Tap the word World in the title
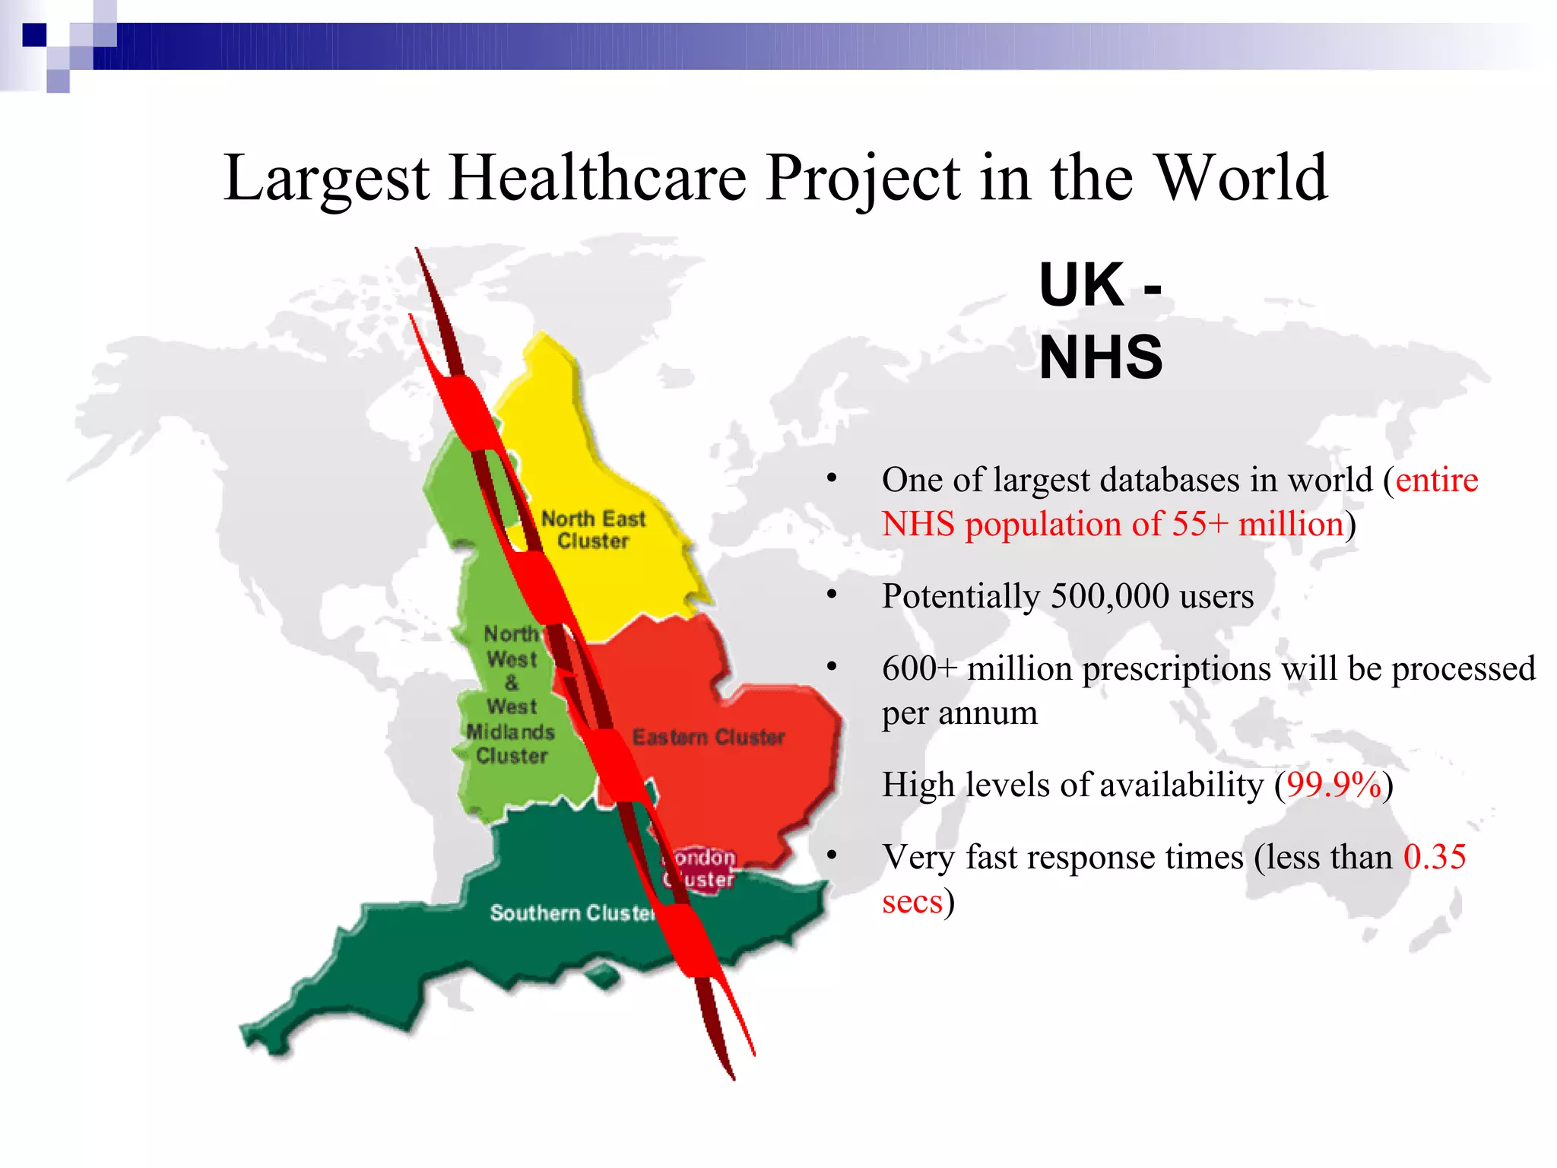point(1241,178)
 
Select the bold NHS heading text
point(1101,357)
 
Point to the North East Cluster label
point(593,530)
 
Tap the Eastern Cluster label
point(709,737)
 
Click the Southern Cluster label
point(572,912)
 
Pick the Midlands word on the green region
point(510,732)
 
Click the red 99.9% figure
point(1333,785)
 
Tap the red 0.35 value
point(1434,857)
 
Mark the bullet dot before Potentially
point(832,595)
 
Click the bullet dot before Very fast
point(832,855)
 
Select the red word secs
point(912,903)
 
